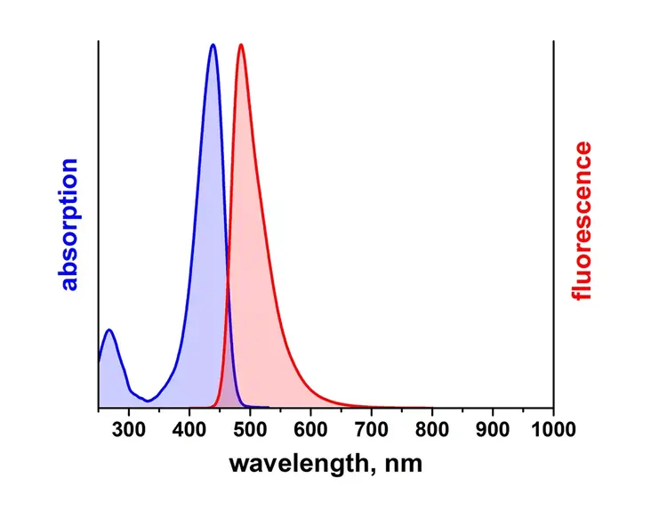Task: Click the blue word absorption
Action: point(69,225)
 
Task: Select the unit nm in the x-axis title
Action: point(404,465)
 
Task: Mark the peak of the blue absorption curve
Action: point(213,45)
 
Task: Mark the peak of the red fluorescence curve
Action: point(240,45)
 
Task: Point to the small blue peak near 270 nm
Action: point(109,330)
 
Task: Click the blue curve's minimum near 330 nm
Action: point(147,401)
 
